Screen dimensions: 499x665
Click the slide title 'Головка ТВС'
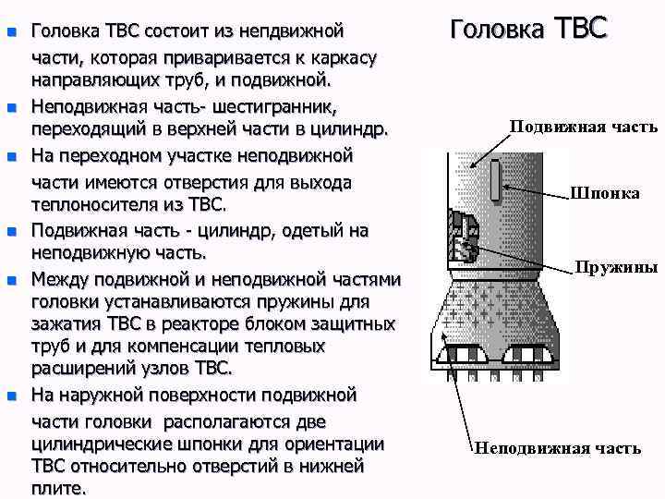pos(528,27)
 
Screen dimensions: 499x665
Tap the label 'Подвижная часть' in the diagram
pos(583,126)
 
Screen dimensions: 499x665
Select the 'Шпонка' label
pos(605,193)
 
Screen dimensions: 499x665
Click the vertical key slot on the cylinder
pos(496,180)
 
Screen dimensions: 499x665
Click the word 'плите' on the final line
pos(56,487)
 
